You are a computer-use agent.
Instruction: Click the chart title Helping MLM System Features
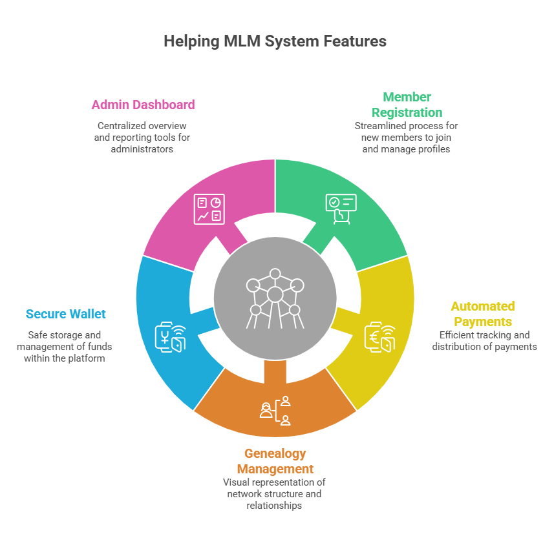[275, 41]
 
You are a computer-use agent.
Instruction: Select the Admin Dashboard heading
[143, 105]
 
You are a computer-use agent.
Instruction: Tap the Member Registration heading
[407, 105]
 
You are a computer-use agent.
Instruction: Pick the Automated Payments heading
[483, 314]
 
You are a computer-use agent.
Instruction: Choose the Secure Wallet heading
[65, 314]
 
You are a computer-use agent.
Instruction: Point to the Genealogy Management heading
[275, 461]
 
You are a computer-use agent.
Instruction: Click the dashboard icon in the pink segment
[209, 209]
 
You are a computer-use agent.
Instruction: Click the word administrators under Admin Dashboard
[143, 149]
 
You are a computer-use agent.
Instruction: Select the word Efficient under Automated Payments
[458, 335]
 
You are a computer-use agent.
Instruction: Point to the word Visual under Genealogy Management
[237, 482]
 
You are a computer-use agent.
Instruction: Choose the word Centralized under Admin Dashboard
[123, 126]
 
